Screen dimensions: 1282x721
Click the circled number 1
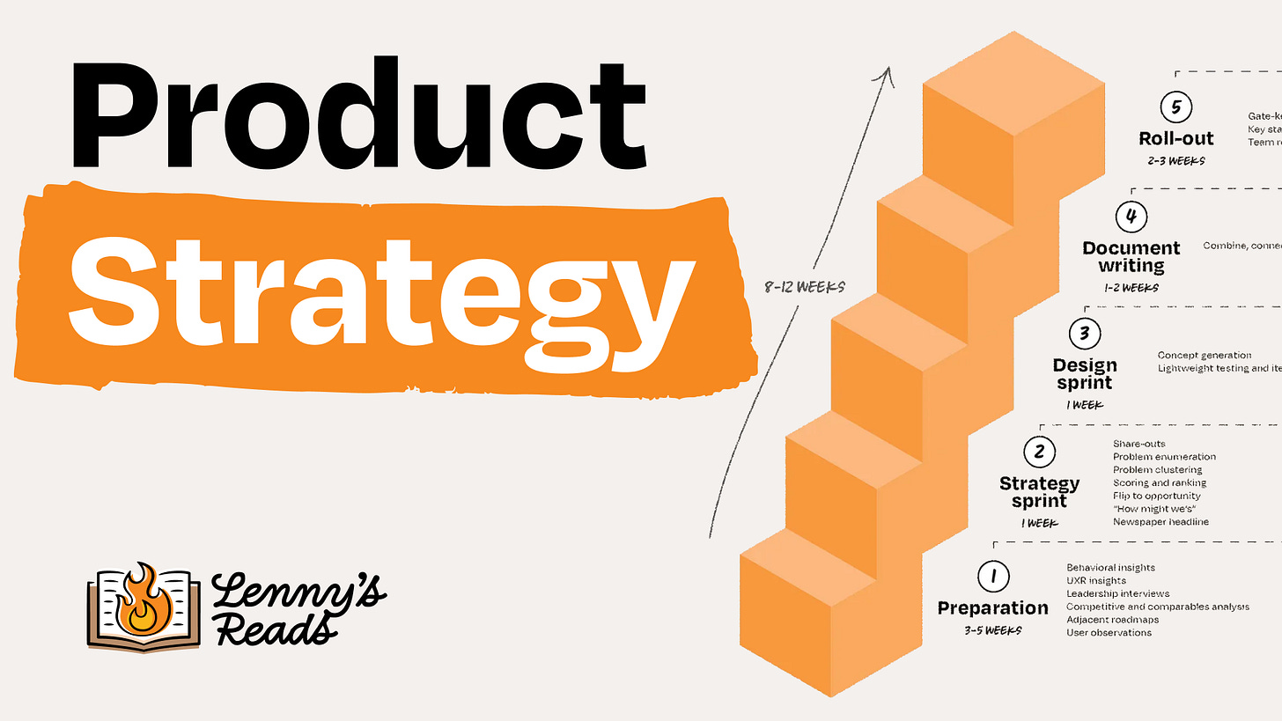993,577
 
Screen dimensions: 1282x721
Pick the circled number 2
1039,452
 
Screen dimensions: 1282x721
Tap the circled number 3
1084,334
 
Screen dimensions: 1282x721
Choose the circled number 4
1131,217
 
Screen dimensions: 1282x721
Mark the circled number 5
1175,107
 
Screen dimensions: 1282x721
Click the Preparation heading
992,608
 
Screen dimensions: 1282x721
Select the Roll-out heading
1176,139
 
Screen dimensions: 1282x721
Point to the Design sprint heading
1084,374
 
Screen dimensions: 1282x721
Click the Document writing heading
1131,257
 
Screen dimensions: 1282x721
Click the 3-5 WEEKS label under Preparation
992,630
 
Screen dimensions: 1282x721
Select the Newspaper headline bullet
1160,522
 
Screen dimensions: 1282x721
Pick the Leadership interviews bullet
1118,594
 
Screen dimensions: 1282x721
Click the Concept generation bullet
1205,356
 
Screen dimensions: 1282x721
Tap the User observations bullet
1109,633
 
